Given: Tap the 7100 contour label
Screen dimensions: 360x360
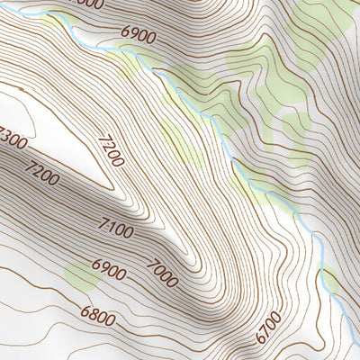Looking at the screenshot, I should click(117, 232).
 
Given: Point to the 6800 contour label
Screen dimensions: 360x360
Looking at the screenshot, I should click(97, 317).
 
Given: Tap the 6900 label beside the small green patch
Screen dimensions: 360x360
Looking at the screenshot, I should click(109, 270).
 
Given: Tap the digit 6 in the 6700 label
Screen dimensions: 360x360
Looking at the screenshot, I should click(261, 339).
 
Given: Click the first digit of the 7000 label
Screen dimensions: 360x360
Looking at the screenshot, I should click(153, 262).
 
